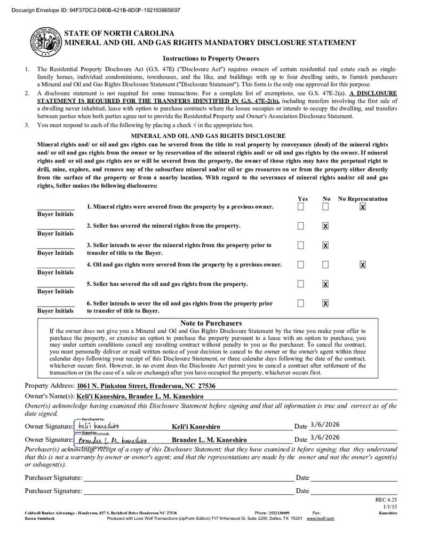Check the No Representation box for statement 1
click(x=363, y=207)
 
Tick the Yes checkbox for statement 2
click(x=301, y=226)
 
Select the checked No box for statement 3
click(x=325, y=245)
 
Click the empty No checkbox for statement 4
click(x=325, y=264)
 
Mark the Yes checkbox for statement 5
click(x=301, y=284)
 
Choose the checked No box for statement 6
click(x=325, y=303)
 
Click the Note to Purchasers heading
click(x=211, y=323)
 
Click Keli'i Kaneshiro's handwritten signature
click(x=99, y=426)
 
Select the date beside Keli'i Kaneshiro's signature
click(x=324, y=425)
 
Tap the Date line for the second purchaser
click(x=354, y=491)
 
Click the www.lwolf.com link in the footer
click(x=320, y=518)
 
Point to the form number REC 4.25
click(x=386, y=499)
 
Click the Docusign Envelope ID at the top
click(x=95, y=10)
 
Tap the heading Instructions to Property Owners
click(x=211, y=58)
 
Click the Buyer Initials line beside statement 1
click(x=55, y=208)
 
